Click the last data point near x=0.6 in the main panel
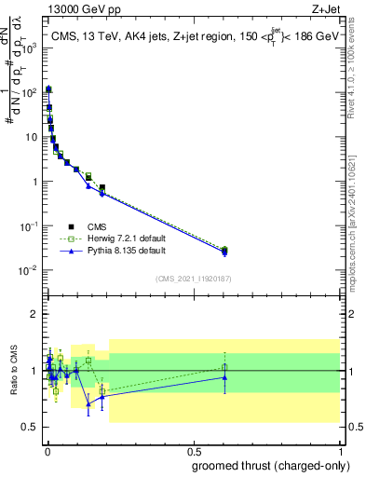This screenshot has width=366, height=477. pos(224,251)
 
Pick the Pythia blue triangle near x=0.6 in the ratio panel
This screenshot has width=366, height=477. pos(224,377)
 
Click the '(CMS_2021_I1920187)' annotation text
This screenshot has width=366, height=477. pos(192,279)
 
